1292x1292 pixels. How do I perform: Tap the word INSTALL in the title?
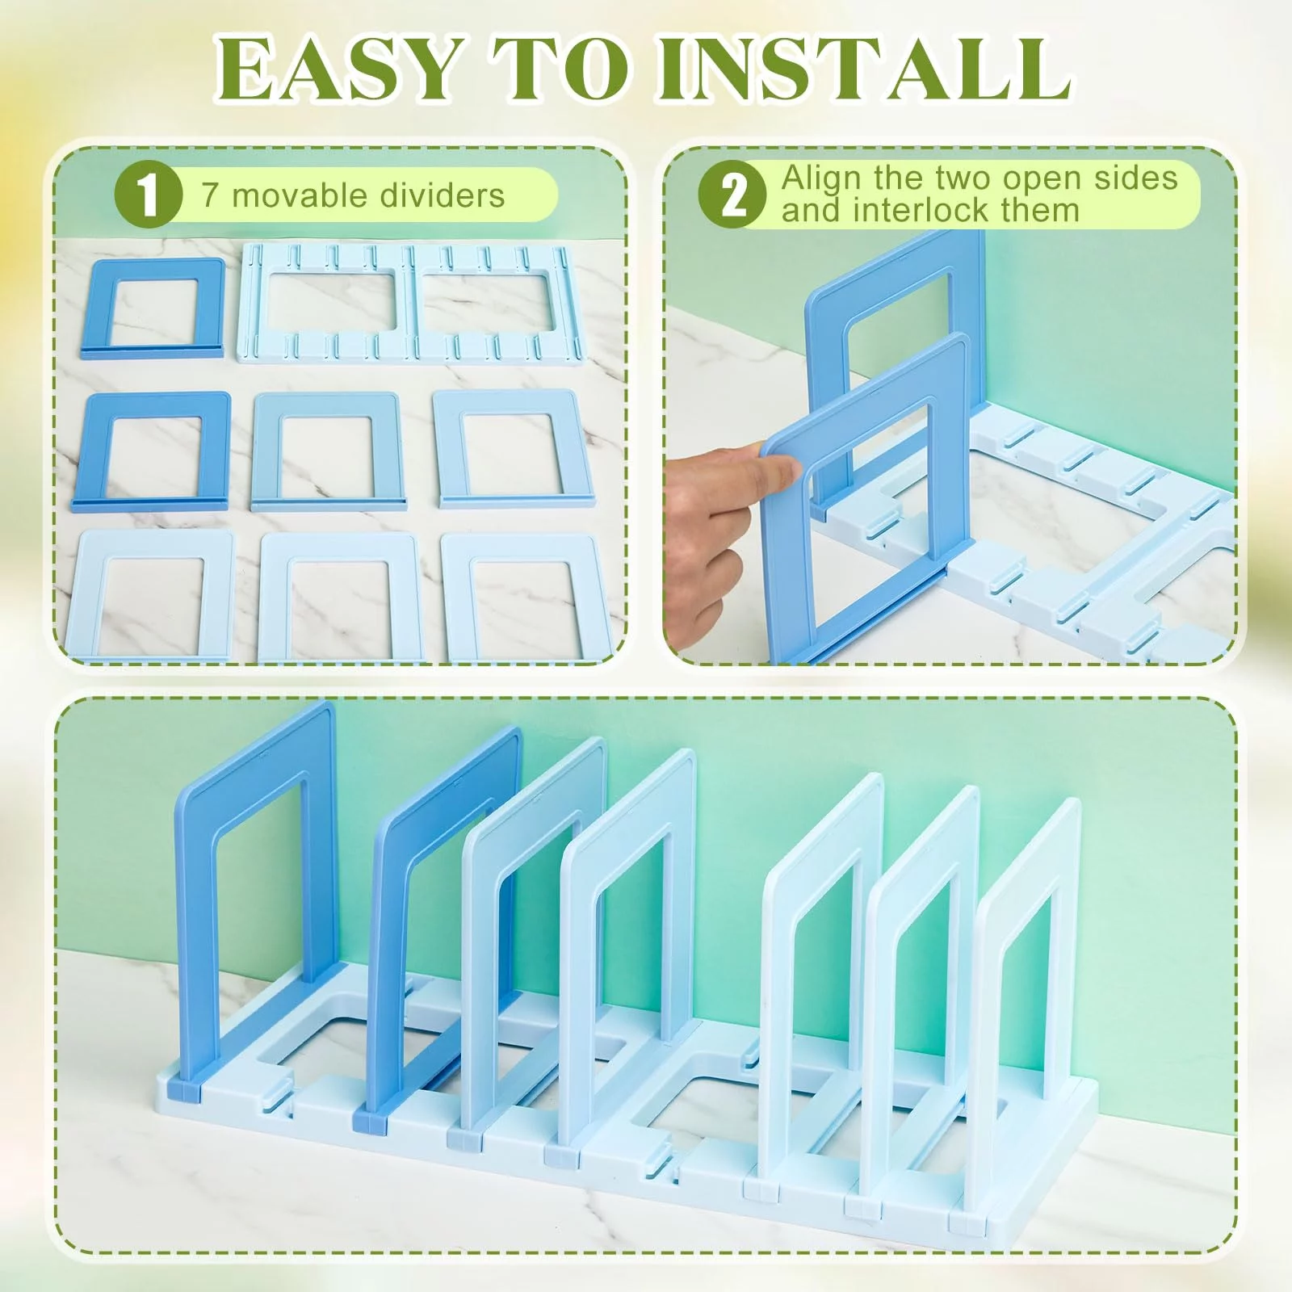pos(863,69)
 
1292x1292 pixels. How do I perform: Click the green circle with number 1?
pos(148,195)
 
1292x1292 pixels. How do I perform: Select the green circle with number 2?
pos(732,195)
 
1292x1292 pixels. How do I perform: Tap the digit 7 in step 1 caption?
pos(210,195)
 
